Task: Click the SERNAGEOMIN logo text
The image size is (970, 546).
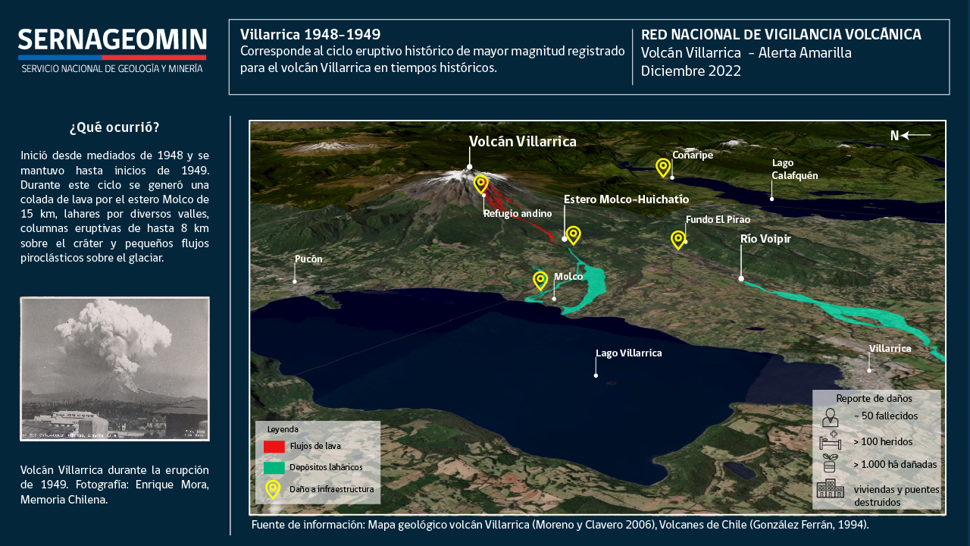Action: [x=112, y=39]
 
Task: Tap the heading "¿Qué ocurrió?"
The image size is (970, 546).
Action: [x=114, y=127]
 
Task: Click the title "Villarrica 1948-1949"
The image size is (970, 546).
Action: [x=310, y=34]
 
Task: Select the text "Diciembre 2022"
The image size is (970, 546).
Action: [x=690, y=71]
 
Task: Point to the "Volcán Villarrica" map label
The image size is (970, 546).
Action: [x=523, y=141]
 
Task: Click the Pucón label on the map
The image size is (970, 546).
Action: [x=308, y=259]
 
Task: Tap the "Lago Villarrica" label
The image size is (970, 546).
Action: [x=629, y=353]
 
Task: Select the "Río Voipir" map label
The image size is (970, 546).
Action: [x=765, y=239]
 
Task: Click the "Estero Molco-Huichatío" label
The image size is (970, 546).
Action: [x=626, y=199]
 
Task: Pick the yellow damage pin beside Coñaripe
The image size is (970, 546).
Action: [x=663, y=168]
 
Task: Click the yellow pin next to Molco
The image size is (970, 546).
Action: [x=540, y=281]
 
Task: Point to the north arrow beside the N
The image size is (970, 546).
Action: [x=915, y=136]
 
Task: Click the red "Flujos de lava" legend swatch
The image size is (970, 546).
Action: [x=274, y=447]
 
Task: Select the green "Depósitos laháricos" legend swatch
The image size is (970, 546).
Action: [x=274, y=468]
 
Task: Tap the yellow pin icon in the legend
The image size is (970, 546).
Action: [x=273, y=490]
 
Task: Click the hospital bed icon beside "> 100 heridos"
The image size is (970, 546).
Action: [x=830, y=441]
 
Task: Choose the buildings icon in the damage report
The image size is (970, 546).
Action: [x=830, y=488]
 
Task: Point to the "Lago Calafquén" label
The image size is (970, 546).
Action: [x=795, y=169]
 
